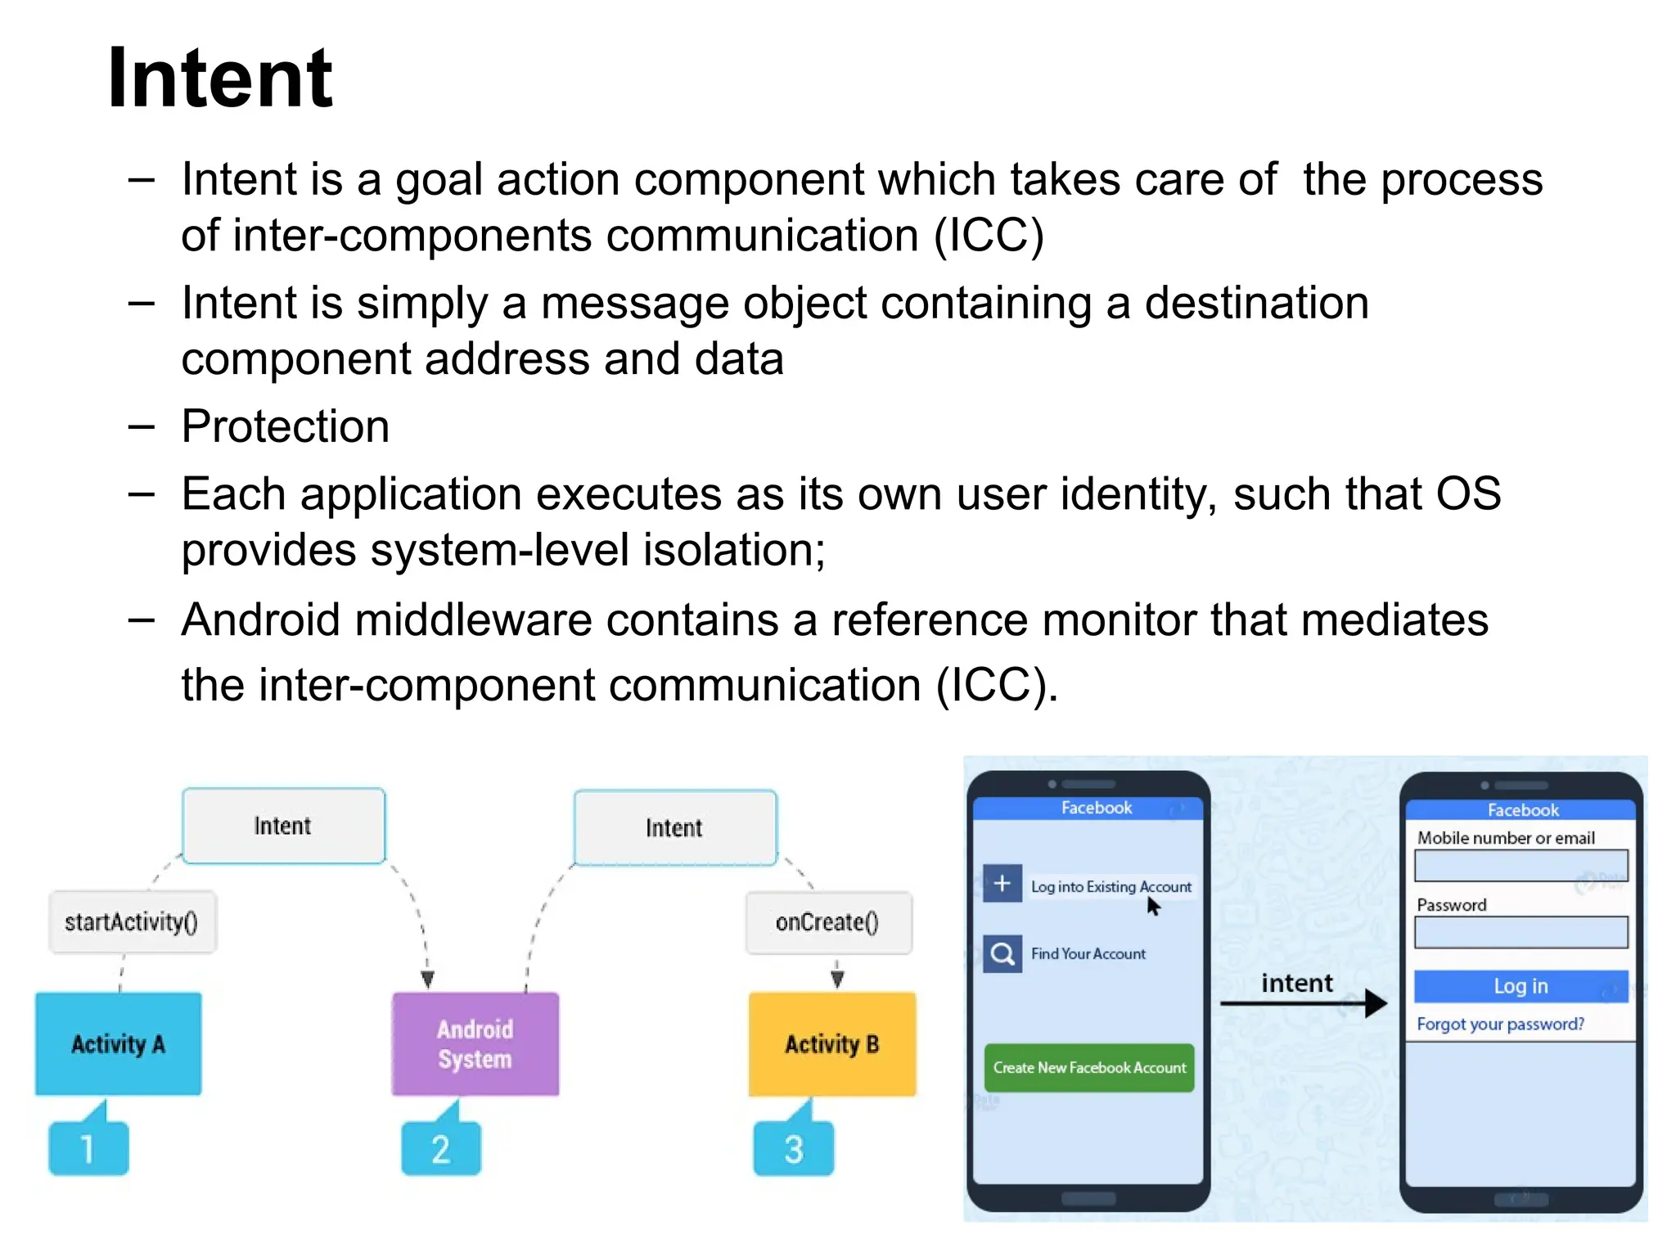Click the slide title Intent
click(219, 78)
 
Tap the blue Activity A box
click(118, 1043)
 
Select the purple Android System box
click(475, 1043)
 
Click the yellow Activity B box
click(832, 1043)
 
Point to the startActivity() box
click(132, 922)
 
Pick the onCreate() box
click(828, 922)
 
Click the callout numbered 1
click(88, 1148)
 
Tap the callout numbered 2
click(441, 1148)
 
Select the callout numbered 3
click(794, 1148)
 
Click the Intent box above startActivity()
click(283, 826)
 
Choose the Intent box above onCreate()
click(674, 827)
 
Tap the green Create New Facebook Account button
click(1089, 1067)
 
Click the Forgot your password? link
click(1500, 1024)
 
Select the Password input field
click(1521, 932)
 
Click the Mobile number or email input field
click(1521, 865)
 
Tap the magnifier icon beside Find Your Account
click(1002, 953)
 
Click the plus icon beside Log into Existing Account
click(1002, 884)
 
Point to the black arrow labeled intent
click(1303, 1002)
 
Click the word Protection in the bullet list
click(286, 426)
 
